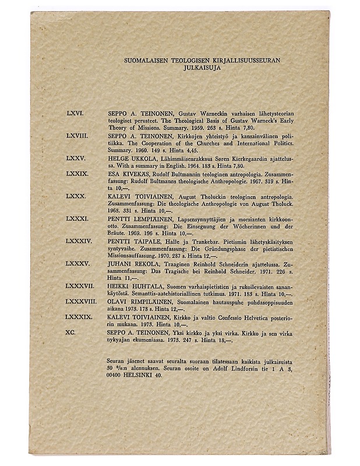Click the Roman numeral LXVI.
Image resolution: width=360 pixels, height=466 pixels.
[x=76, y=110]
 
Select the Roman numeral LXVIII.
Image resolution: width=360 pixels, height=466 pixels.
[x=78, y=135]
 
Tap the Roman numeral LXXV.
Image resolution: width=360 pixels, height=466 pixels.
[x=76, y=158]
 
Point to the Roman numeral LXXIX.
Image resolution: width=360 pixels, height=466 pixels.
[x=78, y=174]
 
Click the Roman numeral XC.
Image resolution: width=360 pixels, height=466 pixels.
[x=72, y=331]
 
